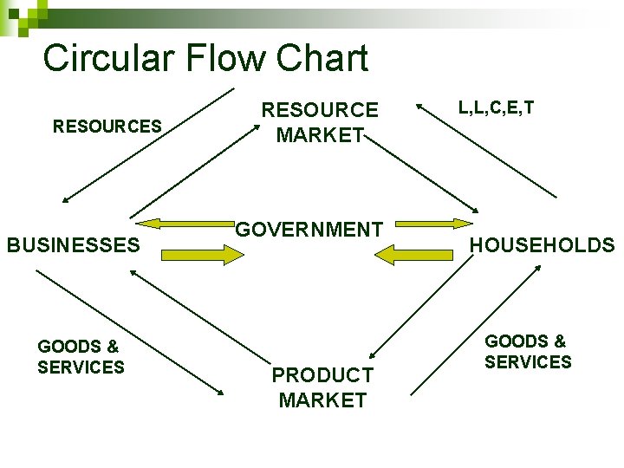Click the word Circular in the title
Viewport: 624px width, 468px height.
[x=101, y=59]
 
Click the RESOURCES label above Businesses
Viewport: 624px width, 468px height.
[x=107, y=127]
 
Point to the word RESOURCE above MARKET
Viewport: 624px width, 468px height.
[x=320, y=110]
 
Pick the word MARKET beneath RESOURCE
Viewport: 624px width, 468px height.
[x=320, y=135]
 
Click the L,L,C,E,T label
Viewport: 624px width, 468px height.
[x=496, y=107]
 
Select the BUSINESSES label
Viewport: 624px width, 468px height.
[x=74, y=245]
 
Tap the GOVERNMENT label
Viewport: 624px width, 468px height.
[x=309, y=230]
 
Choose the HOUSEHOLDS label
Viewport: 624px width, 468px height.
[x=542, y=245]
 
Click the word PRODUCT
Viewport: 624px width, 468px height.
[x=322, y=375]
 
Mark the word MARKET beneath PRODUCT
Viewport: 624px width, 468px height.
[x=322, y=400]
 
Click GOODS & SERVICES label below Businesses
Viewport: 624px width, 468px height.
[x=81, y=356]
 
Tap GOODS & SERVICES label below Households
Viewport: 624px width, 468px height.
[x=528, y=352]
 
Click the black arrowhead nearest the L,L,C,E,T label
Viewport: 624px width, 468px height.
[x=420, y=108]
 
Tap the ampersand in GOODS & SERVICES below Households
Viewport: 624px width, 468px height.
[x=559, y=342]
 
